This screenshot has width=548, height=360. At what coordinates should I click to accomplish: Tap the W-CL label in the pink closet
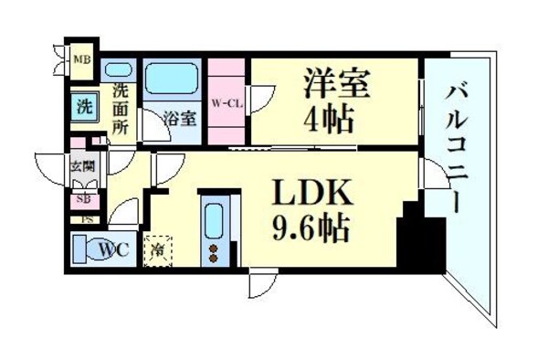point(226,102)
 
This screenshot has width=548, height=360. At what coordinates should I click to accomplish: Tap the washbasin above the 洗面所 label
point(120,69)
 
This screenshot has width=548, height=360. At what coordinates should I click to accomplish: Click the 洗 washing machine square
point(83,105)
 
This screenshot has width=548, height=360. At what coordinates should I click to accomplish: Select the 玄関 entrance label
point(81,166)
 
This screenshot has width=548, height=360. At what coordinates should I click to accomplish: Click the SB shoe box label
point(82,199)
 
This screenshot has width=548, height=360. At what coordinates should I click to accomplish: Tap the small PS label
point(87,219)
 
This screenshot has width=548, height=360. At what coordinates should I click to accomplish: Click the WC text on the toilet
point(113,248)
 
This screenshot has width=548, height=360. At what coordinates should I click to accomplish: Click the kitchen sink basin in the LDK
point(216,219)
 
